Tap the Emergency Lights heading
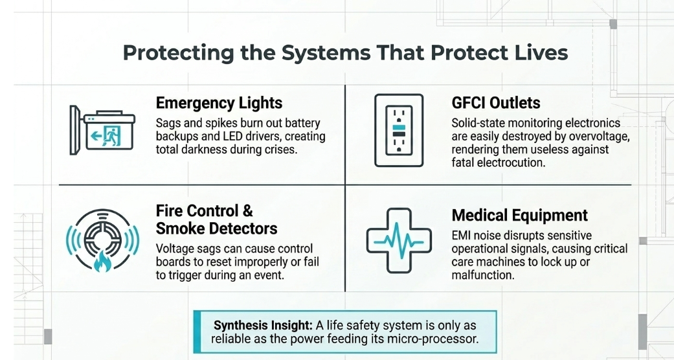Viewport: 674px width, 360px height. click(x=219, y=103)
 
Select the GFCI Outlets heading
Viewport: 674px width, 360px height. click(x=496, y=103)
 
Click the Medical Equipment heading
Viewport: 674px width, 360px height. click(x=520, y=215)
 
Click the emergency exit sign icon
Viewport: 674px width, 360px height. click(x=102, y=130)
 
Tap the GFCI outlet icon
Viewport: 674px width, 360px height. click(x=399, y=130)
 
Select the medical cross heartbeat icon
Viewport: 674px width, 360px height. click(x=399, y=240)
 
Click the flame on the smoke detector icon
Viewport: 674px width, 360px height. click(x=102, y=262)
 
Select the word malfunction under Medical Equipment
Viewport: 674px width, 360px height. click(x=482, y=275)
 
